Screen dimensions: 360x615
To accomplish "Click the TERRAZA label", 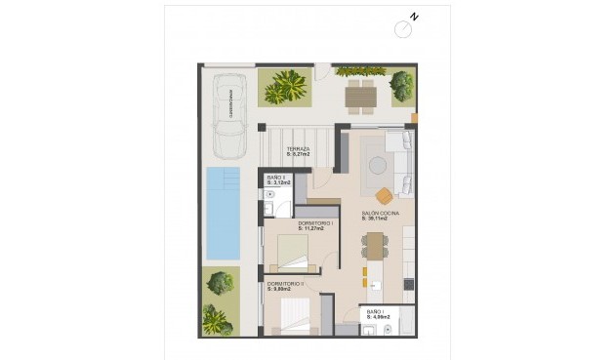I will pyautogui.click(x=299, y=147).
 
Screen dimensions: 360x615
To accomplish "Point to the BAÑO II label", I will pyautogui.click(x=276, y=177).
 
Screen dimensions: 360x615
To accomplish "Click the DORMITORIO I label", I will pyautogui.click(x=315, y=223).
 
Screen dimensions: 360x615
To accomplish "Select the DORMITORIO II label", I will pyautogui.click(x=286, y=283).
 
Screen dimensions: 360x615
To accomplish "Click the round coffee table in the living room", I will pyautogui.click(x=377, y=166).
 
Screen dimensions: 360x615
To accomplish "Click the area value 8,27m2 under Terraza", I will pyautogui.click(x=299, y=154).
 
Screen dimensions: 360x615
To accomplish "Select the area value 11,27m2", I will pyautogui.click(x=315, y=229).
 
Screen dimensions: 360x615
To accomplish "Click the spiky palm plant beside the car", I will pyautogui.click(x=287, y=88).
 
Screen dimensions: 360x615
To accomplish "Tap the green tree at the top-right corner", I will pyautogui.click(x=401, y=86).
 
